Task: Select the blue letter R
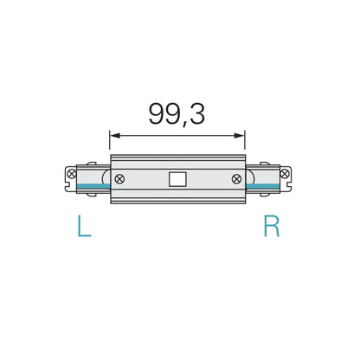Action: (x=271, y=228)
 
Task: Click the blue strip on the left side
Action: (x=90, y=187)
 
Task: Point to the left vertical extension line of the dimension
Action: (x=109, y=143)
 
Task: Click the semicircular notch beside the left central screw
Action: (x=106, y=180)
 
